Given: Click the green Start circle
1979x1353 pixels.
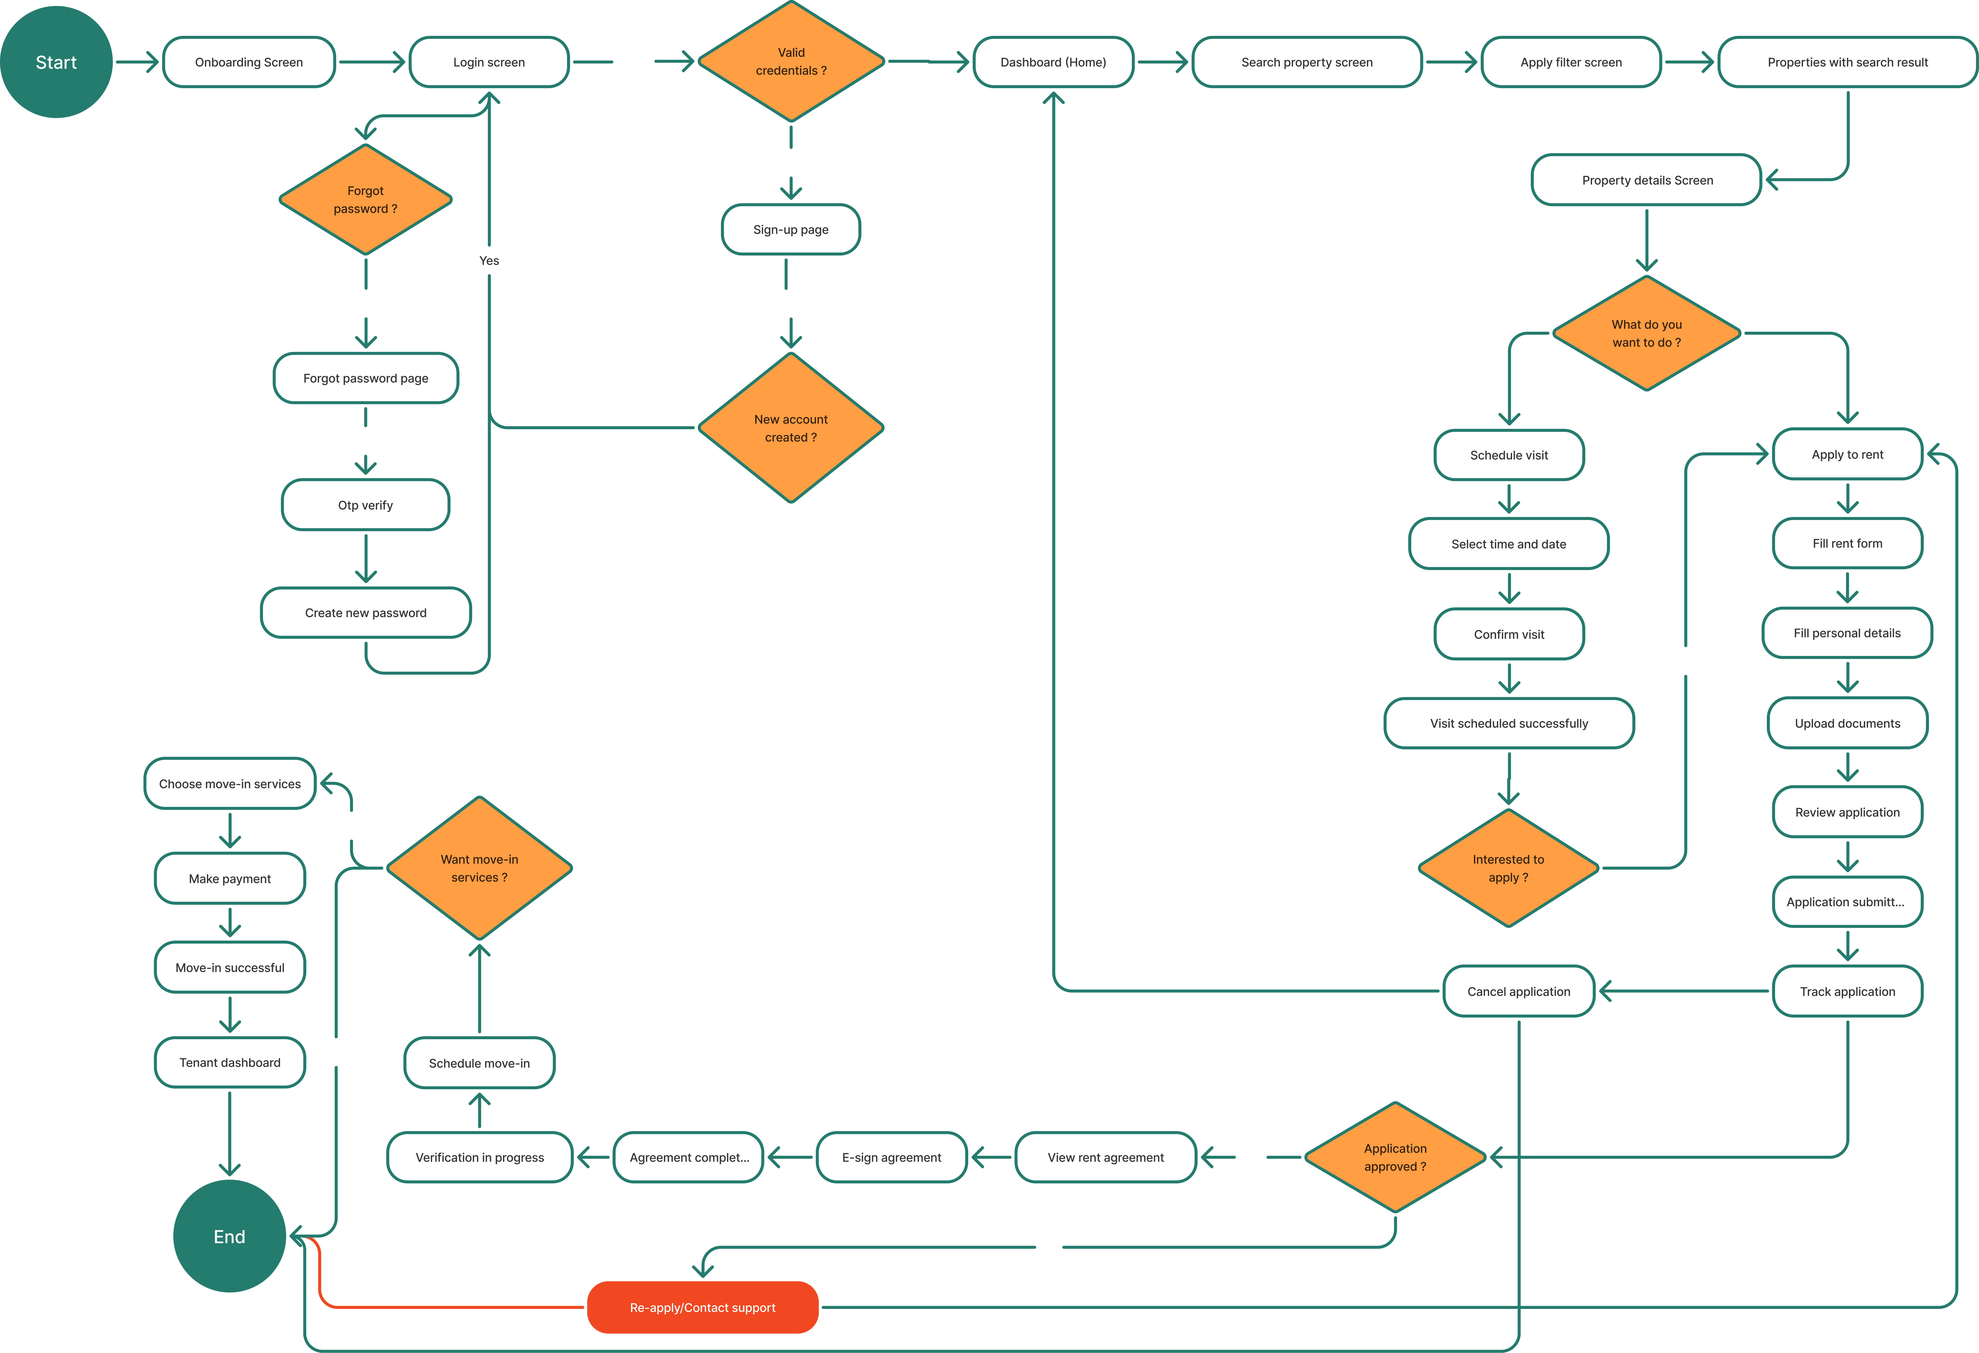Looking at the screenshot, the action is click(x=56, y=62).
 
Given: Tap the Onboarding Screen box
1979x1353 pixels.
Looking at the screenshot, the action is click(x=249, y=62).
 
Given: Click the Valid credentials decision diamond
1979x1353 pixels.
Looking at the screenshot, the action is click(x=791, y=61).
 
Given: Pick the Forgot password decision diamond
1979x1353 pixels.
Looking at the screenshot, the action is click(x=365, y=199).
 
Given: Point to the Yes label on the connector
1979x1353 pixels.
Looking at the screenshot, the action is click(x=489, y=260).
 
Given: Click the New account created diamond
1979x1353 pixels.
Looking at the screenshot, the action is click(x=791, y=427).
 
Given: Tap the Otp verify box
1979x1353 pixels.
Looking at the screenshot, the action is click(x=365, y=505).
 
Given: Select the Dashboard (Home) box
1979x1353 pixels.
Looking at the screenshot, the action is click(x=1053, y=62).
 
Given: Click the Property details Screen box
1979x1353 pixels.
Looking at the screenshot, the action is click(x=1647, y=180).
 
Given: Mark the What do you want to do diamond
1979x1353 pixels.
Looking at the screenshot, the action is click(x=1647, y=333).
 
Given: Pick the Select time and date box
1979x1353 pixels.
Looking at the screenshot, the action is click(x=1509, y=544).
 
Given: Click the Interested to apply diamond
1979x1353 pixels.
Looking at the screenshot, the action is click(x=1509, y=868).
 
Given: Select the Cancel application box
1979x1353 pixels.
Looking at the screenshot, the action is click(x=1519, y=991).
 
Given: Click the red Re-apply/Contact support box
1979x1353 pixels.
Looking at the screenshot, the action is click(x=702, y=1307).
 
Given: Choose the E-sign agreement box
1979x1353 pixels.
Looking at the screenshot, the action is click(x=892, y=1157).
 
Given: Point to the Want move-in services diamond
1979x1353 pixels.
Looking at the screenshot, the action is click(x=479, y=868).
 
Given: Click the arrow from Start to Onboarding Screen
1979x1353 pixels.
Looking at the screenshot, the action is click(x=137, y=62).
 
